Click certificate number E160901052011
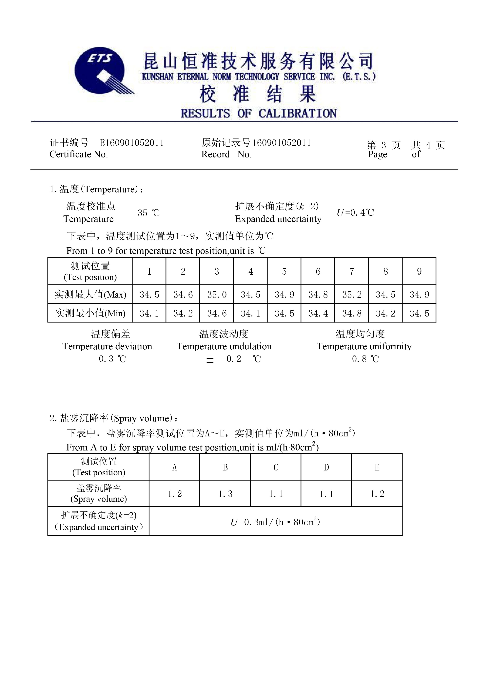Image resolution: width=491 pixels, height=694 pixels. [x=132, y=143]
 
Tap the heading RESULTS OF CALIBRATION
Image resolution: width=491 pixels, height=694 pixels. [x=259, y=113]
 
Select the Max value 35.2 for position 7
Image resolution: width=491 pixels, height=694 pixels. [x=352, y=294]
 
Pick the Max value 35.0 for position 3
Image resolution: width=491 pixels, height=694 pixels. [x=217, y=294]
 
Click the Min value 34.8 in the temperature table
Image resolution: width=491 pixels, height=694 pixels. [x=352, y=313]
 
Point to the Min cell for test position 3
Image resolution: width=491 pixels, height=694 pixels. [x=217, y=313]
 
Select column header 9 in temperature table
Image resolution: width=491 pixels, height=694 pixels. [x=419, y=271]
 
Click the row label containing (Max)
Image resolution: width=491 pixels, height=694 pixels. [x=90, y=294]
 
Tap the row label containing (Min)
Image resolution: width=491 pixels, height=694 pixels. [x=90, y=313]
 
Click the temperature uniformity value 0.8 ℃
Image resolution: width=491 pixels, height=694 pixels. [x=365, y=359]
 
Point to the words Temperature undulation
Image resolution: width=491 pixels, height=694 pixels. [x=224, y=346]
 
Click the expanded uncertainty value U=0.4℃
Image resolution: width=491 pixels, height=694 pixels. [x=355, y=212]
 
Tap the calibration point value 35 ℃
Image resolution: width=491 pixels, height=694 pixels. [x=148, y=213]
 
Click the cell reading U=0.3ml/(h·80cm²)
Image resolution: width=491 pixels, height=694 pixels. [x=275, y=522]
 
